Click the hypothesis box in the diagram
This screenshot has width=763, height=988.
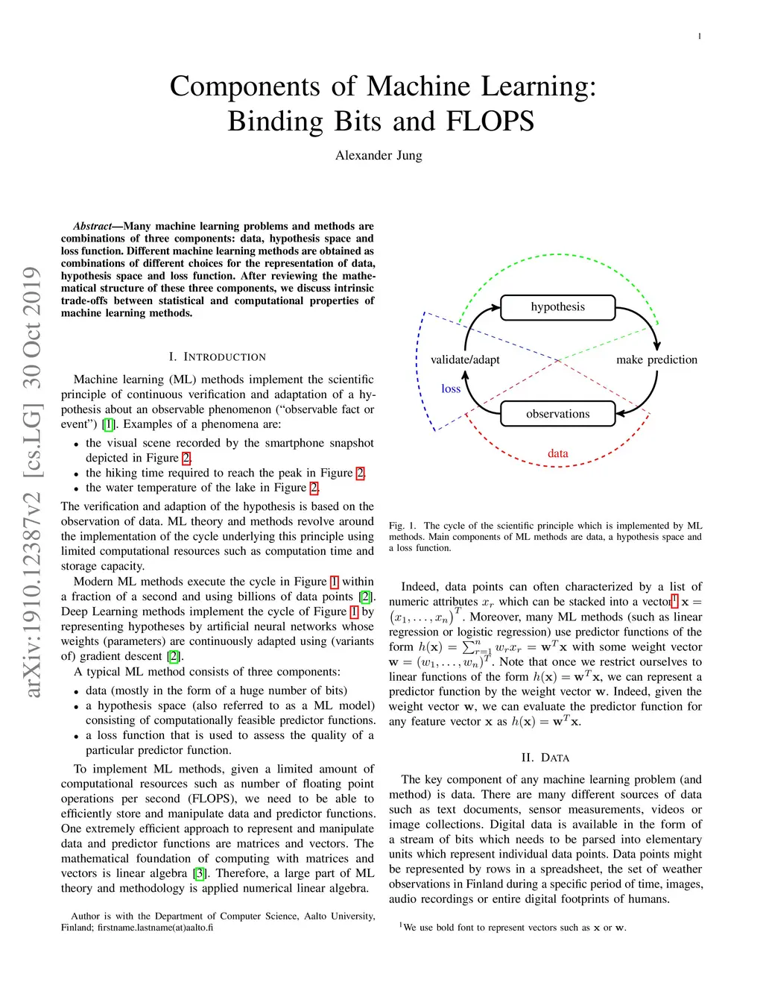(557, 307)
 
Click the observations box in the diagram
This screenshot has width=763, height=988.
(557, 414)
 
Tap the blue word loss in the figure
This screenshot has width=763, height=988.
(451, 388)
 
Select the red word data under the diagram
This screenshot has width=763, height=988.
(557, 453)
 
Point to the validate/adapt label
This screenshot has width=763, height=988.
(465, 359)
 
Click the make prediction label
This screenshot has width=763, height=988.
(656, 359)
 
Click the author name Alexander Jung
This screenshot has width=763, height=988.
(379, 155)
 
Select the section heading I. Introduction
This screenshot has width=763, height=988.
(218, 357)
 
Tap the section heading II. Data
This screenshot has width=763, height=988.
(545, 758)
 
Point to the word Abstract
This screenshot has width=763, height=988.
(92, 226)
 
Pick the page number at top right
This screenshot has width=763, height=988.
(700, 37)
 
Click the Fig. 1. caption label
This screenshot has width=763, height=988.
(402, 526)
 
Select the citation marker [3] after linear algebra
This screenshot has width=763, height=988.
(200, 873)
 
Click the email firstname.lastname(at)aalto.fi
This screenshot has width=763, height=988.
(155, 928)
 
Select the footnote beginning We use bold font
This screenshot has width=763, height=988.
(513, 928)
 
